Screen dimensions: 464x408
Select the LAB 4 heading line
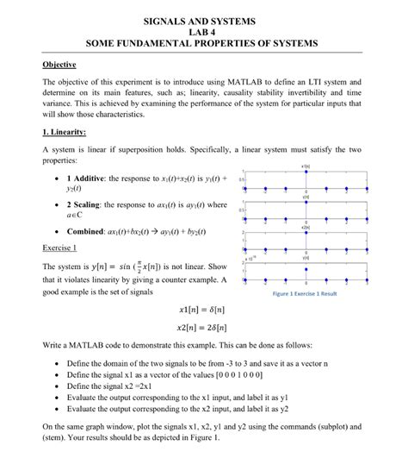coord(204,30)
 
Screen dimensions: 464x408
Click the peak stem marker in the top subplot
coord(306,172)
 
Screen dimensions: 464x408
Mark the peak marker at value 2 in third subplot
coord(306,232)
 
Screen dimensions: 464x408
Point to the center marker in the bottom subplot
coord(306,279)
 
